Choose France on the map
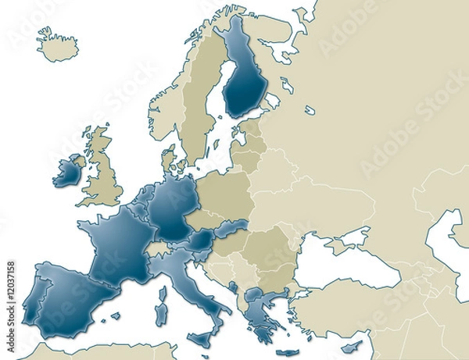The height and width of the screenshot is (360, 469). [117, 243]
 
